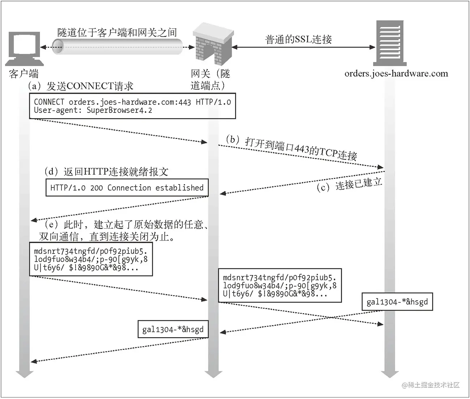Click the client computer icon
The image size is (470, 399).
pyautogui.click(x=24, y=47)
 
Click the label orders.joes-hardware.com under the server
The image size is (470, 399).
pyautogui.click(x=396, y=74)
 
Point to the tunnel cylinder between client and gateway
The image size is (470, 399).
pyautogui.click(x=117, y=47)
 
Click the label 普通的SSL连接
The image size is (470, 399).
pyautogui.click(x=298, y=39)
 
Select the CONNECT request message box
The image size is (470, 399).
pyautogui.click(x=132, y=106)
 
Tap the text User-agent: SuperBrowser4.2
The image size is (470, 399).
pyautogui.click(x=93, y=111)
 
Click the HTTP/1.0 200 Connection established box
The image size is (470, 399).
pyautogui.click(x=127, y=188)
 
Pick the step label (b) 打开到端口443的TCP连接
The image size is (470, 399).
pyautogui.click(x=291, y=148)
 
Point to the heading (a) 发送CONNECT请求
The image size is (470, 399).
pyautogui.click(x=81, y=86)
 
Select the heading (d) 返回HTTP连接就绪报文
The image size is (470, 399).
pyautogui.click(x=106, y=171)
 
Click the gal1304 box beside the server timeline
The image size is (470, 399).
pyautogui.click(x=397, y=302)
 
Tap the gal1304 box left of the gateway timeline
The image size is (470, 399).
pyautogui.click(x=173, y=329)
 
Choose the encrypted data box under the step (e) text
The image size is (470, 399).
pyautogui.click(x=91, y=259)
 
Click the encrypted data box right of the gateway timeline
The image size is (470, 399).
pyautogui.click(x=279, y=285)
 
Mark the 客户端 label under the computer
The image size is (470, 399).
pyautogui.click(x=23, y=74)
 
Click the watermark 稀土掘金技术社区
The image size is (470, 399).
pyautogui.click(x=431, y=385)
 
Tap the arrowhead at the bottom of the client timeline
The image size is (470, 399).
pyautogui.click(x=25, y=373)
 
